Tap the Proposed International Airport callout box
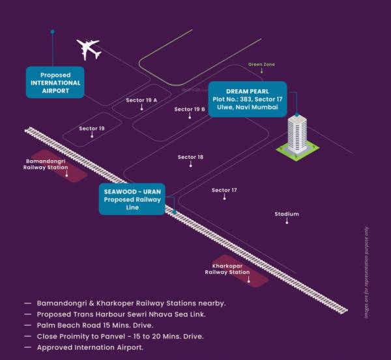[55, 83]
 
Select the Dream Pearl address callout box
[247, 98]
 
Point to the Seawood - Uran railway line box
[132, 199]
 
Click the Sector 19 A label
[141, 100]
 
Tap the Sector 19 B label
[190, 109]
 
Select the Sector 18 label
[190, 157]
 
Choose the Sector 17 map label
[224, 190]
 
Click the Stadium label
[287, 214]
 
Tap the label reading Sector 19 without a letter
[92, 128]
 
